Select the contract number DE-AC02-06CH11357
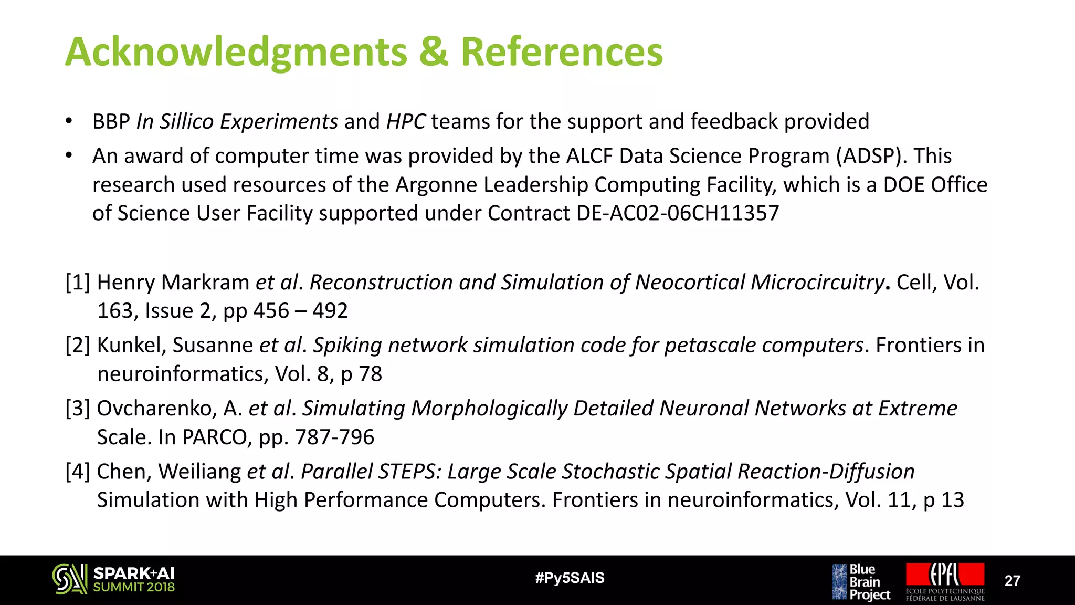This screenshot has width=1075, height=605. point(677,213)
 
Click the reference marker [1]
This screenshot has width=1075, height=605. point(78,283)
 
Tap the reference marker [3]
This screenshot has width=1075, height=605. point(78,409)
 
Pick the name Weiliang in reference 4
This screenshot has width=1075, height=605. point(199,472)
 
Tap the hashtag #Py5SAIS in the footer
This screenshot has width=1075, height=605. point(570,578)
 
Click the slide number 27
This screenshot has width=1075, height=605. point(1012,581)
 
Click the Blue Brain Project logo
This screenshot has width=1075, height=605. point(861,582)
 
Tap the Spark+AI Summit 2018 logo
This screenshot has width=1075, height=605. point(113,579)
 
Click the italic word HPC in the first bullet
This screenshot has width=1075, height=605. point(406,122)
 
